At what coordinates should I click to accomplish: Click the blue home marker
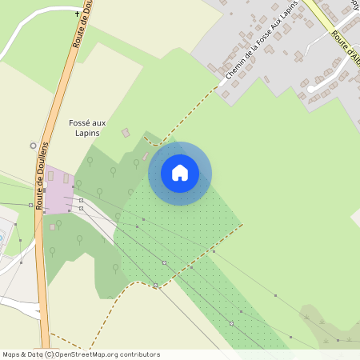tap(180, 173)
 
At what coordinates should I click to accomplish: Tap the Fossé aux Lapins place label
tap(87, 127)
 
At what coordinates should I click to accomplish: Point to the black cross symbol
tap(78, 14)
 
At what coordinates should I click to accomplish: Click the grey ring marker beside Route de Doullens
tap(33, 146)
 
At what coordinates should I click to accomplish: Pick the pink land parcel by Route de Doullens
tap(57, 189)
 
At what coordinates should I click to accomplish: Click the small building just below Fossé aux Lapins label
tap(125, 132)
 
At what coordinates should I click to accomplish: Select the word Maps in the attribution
tap(11, 354)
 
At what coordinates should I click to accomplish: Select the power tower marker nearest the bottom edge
tap(230, 323)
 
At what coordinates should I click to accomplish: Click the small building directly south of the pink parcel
tap(53, 227)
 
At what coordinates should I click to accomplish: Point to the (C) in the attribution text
tap(49, 354)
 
